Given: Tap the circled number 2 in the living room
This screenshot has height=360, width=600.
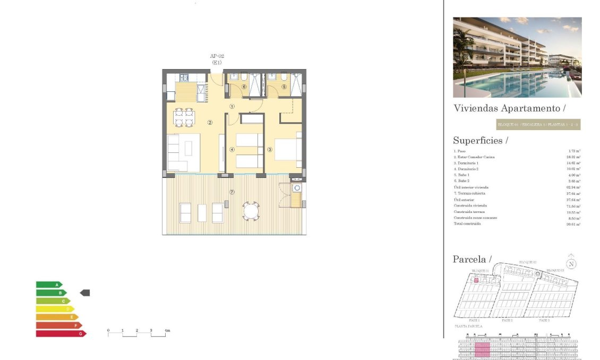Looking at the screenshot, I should coord(210,123).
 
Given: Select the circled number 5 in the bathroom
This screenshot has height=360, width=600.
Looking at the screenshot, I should coord(284,87).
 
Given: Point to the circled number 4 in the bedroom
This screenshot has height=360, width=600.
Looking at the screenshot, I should coord(232,149).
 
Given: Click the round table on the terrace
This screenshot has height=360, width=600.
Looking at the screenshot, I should coord(251,211).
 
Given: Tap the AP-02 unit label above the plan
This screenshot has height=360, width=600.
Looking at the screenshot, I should coord(216,56).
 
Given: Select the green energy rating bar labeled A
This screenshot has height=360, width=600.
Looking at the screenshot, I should coord(48,285).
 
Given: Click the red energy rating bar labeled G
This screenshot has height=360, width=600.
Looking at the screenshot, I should coord(60,333).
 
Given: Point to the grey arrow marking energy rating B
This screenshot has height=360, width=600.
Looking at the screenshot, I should coord(85,293).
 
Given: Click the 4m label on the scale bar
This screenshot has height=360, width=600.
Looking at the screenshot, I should coord(167,331).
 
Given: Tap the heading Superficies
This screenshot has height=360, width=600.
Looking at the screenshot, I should coord(480,141).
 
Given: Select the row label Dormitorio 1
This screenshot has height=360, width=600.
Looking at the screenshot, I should coord(467,163).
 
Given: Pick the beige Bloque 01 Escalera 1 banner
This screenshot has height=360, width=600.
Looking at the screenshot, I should coord(537,125).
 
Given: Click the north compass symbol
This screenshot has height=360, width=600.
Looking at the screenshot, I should coord(571,263).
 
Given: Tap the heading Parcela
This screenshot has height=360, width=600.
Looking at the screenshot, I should coord(472,259).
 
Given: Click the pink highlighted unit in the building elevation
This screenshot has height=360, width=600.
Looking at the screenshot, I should coord(482,350).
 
